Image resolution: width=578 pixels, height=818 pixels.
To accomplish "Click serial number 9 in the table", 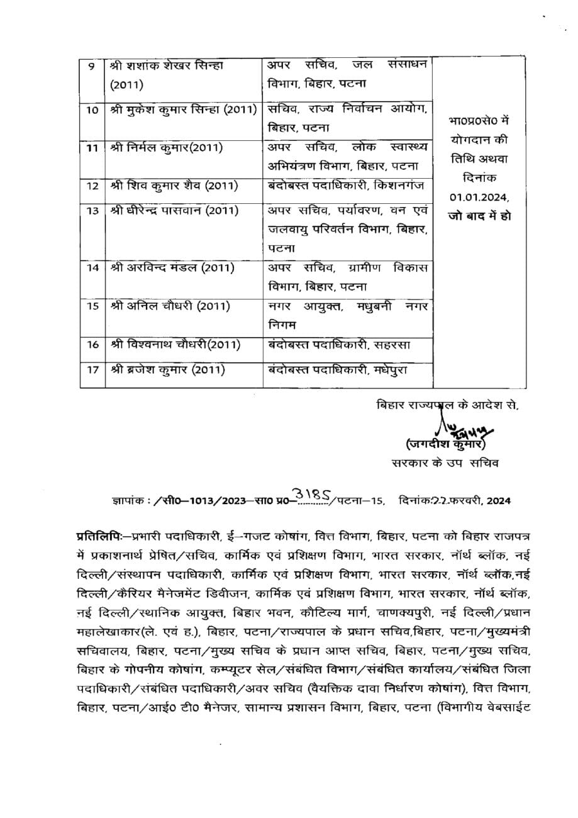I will pyautogui.click(x=91, y=65).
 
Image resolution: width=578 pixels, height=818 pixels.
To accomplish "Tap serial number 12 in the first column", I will pyautogui.click(x=92, y=186).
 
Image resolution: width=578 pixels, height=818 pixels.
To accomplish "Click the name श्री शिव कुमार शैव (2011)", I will pyautogui.click(x=174, y=186).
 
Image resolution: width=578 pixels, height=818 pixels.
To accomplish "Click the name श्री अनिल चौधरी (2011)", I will pyautogui.click(x=170, y=306).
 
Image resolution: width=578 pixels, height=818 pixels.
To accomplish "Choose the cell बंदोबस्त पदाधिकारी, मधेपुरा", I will pyautogui.click(x=337, y=370).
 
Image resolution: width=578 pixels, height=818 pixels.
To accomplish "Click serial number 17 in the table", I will pyautogui.click(x=92, y=370).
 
